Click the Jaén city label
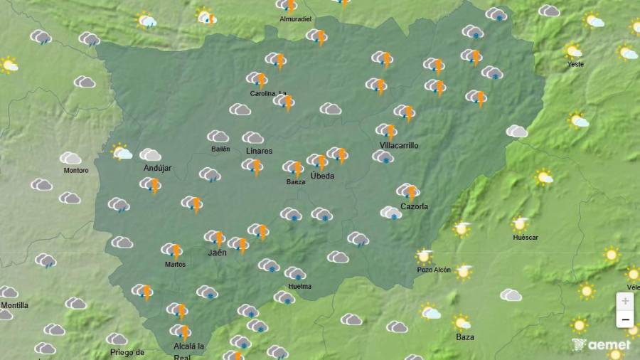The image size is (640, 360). point(217,253)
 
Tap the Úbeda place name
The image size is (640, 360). point(322,176)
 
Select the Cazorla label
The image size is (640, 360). point(413,206)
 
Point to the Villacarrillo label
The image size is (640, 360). point(399,145)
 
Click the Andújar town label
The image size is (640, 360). point(157,168)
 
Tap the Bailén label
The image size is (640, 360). point(220,149)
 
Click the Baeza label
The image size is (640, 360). point(296,182)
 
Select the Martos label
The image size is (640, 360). point(175,264)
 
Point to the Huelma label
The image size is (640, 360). point(299,287)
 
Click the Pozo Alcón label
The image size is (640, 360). point(434,270)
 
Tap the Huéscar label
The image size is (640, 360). point(525,237)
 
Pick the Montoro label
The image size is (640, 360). point(76,171)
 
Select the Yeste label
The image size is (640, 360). point(575,64)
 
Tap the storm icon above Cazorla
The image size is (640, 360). point(408,191)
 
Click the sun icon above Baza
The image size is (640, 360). point(462,323)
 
